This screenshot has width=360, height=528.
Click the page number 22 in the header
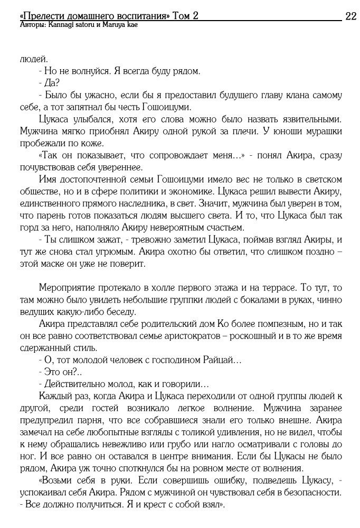coord(350,16)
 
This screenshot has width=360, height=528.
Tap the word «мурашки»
coord(325,131)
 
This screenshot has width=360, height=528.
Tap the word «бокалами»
coord(235,300)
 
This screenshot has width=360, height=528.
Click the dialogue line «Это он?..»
coord(59,373)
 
